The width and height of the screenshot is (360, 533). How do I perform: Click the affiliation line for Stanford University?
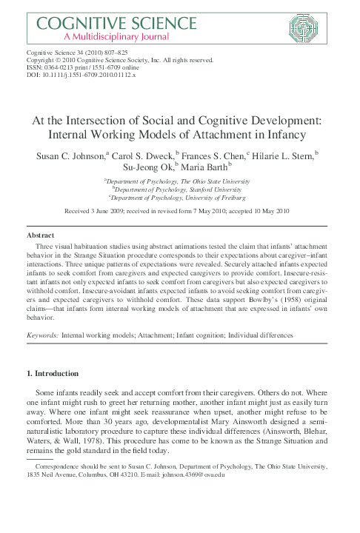[181, 189]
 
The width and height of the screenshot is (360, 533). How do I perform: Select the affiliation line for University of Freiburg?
[180, 198]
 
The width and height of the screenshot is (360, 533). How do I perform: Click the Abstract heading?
[40, 235]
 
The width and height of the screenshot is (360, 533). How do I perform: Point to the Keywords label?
[42, 335]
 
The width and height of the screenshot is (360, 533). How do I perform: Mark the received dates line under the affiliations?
[180, 211]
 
